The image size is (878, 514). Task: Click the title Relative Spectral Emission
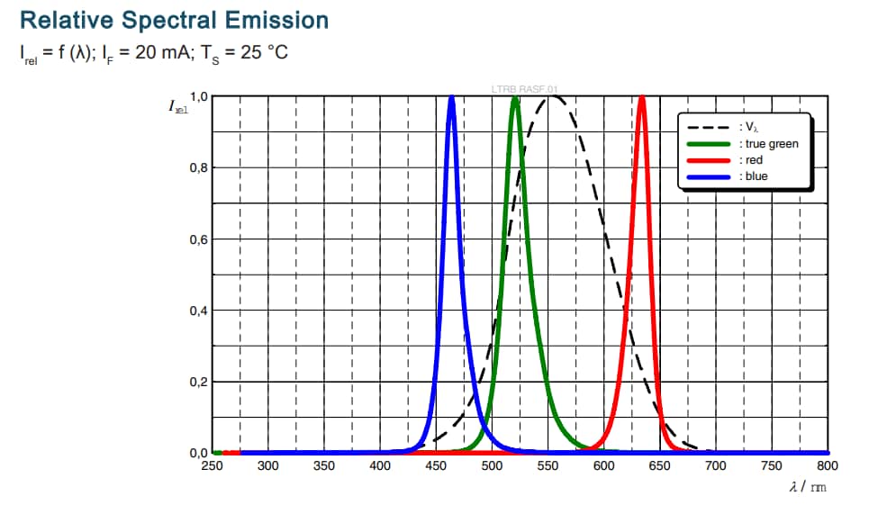[174, 20]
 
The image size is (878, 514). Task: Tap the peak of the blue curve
[451, 97]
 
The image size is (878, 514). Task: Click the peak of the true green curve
[514, 98]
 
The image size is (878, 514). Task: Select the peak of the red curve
[642, 97]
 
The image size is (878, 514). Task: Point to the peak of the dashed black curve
[552, 97]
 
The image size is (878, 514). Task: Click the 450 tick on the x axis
[436, 466]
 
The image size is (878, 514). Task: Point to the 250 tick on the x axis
[212, 466]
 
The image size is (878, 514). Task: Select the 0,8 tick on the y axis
[198, 168]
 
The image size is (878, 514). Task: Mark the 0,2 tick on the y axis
[198, 382]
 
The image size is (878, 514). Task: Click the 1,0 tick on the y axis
[198, 97]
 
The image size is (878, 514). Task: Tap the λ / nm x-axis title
[807, 487]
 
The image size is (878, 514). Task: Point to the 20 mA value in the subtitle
[158, 51]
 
